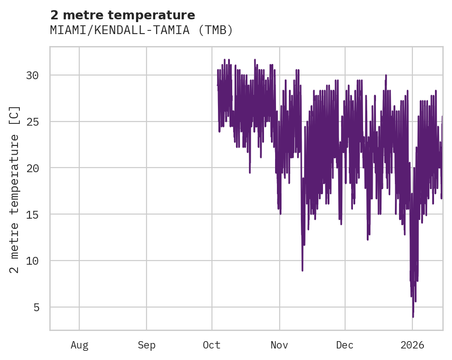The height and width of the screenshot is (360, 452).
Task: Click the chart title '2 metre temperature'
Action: coord(123,15)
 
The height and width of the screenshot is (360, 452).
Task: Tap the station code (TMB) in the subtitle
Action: coord(216,30)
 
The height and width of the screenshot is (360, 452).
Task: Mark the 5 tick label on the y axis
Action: coord(36,308)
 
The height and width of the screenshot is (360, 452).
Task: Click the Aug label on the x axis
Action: coord(79,344)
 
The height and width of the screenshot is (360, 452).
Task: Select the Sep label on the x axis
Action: coord(147,344)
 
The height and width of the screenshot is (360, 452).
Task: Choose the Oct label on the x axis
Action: coord(212,344)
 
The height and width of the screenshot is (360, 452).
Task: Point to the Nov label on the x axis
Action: coord(279,344)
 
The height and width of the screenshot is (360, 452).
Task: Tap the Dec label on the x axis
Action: coord(345,344)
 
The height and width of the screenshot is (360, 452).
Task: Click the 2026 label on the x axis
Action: coord(412,344)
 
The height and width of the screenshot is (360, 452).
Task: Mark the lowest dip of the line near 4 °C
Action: coord(413,317)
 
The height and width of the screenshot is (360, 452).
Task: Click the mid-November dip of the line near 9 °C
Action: coord(302,270)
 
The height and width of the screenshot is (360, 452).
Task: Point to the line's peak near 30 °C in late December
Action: coord(386,75)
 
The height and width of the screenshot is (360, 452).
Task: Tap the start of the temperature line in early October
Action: coord(217,85)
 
